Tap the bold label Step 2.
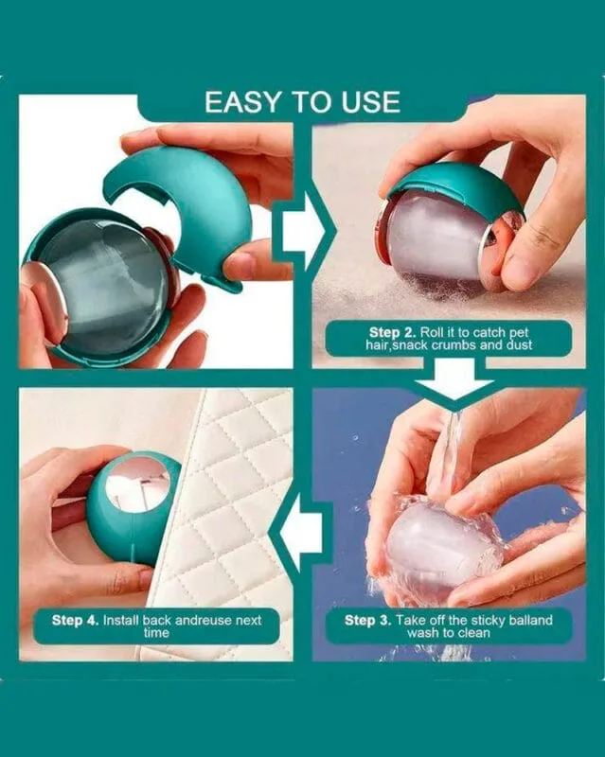coord(392,332)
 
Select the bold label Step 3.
coord(367,620)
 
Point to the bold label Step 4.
coord(76,620)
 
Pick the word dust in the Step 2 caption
coord(520,344)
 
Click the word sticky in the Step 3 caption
coord(488,620)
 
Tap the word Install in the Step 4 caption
coord(121,620)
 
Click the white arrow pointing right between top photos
coord(299,231)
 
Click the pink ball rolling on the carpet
coord(435,242)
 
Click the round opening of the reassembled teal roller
coord(138,483)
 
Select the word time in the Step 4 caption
coord(156,632)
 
